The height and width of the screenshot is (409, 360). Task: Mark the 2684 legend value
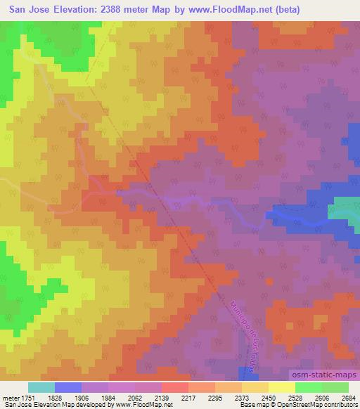click(349, 397)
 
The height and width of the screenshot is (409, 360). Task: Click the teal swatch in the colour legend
click(41, 387)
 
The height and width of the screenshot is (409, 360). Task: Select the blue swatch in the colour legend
click(67, 387)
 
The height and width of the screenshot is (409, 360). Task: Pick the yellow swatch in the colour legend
click(281, 387)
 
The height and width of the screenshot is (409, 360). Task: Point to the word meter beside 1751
click(12, 397)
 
